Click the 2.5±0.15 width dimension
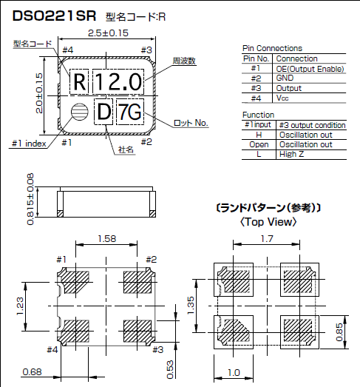pos(107,33)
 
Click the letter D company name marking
pos(103,112)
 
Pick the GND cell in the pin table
pos(285,78)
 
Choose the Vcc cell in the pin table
pos(284,97)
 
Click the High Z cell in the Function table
pos(293,154)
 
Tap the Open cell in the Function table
pos(258,144)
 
